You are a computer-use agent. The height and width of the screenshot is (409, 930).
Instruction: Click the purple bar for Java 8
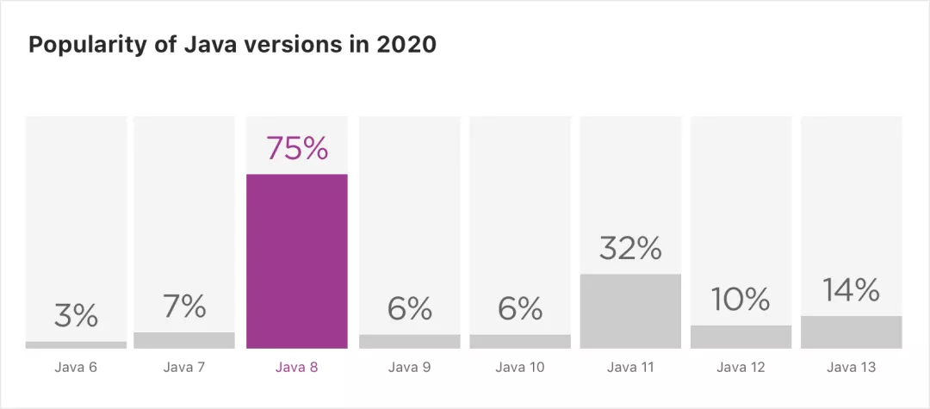tap(297, 261)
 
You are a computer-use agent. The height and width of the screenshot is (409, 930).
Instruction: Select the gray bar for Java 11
tap(630, 311)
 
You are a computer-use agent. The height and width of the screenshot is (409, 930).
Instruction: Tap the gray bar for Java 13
tap(852, 332)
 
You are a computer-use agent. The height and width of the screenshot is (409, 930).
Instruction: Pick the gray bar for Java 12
tap(741, 337)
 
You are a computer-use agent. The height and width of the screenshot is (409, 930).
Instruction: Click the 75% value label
tap(297, 148)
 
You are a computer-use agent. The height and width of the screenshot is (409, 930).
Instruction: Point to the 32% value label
tap(630, 249)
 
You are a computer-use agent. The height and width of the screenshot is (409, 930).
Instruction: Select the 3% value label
tap(76, 316)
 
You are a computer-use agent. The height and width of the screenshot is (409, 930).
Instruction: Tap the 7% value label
tap(184, 306)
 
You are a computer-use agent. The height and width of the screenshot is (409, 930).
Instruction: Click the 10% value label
tap(741, 300)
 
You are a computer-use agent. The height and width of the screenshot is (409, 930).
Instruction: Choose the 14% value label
tap(852, 290)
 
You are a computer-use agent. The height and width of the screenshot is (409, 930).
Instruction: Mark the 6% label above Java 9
tap(409, 309)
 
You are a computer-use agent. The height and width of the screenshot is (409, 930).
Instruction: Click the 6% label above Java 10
tap(520, 309)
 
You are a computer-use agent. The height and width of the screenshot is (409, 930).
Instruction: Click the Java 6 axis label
tap(76, 368)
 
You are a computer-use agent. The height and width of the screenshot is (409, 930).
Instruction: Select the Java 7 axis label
tap(184, 368)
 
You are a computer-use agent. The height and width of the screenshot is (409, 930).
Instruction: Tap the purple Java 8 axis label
tap(297, 368)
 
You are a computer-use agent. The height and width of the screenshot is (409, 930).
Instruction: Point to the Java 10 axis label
tap(520, 368)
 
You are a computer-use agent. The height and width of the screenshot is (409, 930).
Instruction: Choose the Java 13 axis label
tap(852, 368)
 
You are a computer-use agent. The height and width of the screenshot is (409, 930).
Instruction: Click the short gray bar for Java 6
tap(76, 344)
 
